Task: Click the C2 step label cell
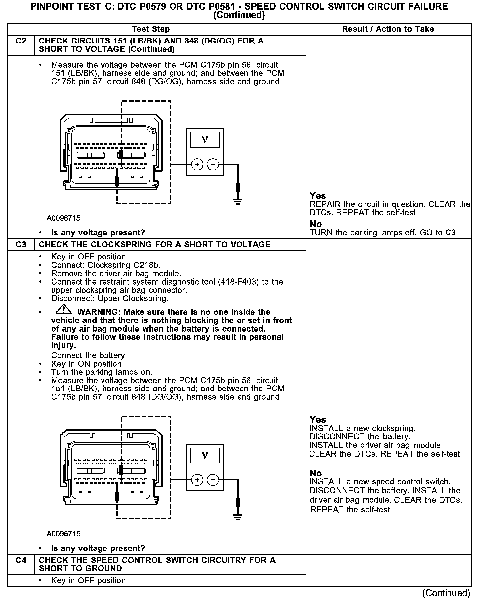click(x=21, y=41)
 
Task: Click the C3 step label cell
click(x=21, y=245)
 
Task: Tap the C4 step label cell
click(x=21, y=560)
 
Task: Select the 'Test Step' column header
click(x=151, y=29)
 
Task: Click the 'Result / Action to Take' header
click(x=388, y=29)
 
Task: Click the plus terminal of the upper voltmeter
click(x=197, y=164)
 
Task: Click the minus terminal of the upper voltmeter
click(x=213, y=164)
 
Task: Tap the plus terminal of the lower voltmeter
click(x=197, y=480)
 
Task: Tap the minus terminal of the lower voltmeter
click(x=213, y=480)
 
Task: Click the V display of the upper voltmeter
click(x=205, y=140)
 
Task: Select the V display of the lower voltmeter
click(x=205, y=455)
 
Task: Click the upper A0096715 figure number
click(x=63, y=218)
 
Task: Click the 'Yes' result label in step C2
click(x=318, y=196)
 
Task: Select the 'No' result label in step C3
click(x=316, y=473)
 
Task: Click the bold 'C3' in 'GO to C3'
click(x=450, y=233)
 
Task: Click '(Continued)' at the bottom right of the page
click(x=446, y=593)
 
